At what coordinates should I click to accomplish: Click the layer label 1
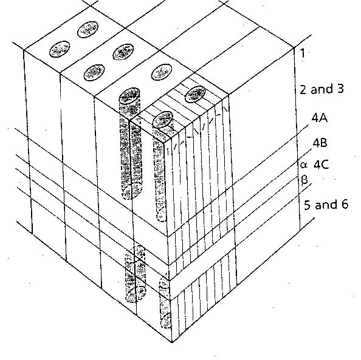(303, 53)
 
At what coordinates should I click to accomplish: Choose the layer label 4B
(320, 143)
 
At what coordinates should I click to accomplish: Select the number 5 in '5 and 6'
(308, 205)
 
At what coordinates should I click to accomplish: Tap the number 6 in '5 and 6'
(344, 205)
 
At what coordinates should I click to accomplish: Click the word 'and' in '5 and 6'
(326, 205)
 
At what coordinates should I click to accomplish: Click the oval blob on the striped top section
(196, 93)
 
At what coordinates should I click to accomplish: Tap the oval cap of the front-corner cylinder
(162, 120)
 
